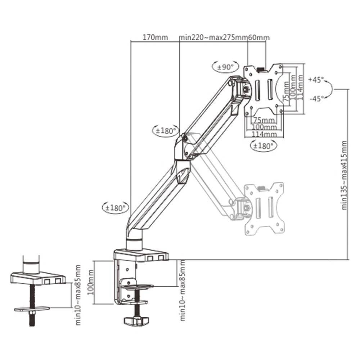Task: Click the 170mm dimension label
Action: [156, 37]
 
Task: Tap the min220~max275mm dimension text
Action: [213, 37]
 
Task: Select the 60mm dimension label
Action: [258, 37]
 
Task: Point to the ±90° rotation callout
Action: [225, 67]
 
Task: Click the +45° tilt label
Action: [316, 80]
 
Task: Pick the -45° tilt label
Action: [316, 99]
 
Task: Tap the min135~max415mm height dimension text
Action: [344, 175]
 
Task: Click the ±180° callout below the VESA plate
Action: [264, 145]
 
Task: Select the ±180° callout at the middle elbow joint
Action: [166, 131]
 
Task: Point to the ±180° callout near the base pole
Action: [116, 208]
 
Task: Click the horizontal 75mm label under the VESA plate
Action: [264, 120]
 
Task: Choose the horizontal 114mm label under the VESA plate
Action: [264, 134]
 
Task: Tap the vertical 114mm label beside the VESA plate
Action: [300, 88]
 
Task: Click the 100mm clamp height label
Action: [91, 282]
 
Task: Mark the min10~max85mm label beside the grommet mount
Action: [78, 295]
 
